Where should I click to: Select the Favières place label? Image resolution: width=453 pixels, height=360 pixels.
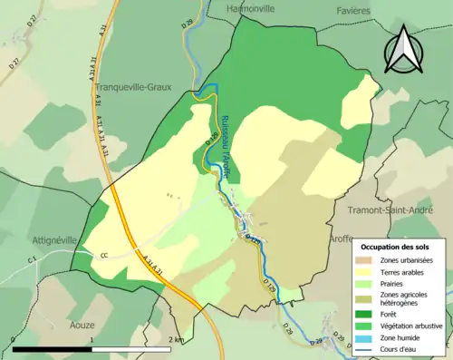coord(351,9)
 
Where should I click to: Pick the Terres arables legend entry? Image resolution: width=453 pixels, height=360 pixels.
coord(404,271)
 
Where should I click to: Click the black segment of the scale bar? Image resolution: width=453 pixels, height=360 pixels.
coord(51,348)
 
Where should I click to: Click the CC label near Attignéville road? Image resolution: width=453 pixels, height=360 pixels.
coord(104,255)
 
